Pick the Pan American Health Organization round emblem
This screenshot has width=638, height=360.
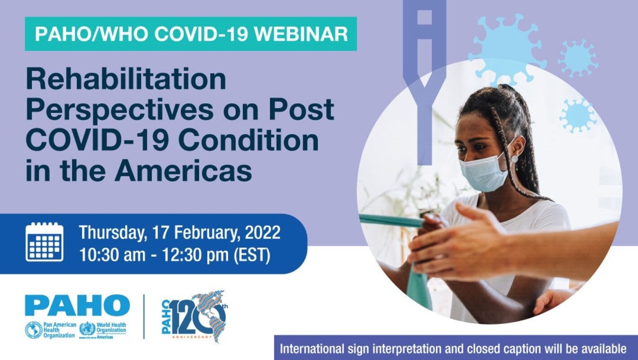[34, 330]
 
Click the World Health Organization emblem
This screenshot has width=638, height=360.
[87, 329]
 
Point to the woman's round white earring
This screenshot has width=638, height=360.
[514, 158]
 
